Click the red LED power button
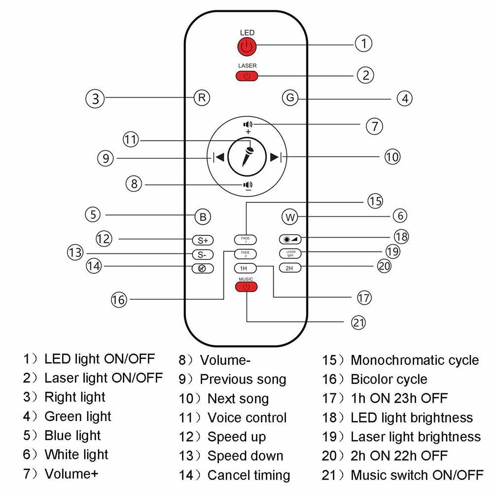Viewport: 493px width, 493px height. click(247, 47)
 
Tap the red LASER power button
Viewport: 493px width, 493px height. click(247, 76)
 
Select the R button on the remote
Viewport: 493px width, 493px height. click(201, 98)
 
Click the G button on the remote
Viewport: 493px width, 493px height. click(290, 98)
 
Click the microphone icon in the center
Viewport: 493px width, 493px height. click(247, 157)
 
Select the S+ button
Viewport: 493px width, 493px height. click(202, 241)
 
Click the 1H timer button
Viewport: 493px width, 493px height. click(244, 268)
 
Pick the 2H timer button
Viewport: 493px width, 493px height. click(289, 268)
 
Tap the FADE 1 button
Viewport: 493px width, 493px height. click(245, 240)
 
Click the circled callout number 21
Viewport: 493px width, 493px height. click(358, 322)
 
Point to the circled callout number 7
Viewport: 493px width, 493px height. click(374, 125)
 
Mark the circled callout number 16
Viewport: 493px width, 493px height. click(119, 299)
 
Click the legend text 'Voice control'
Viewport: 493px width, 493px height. click(246, 418)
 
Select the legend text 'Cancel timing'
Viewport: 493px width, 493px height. click(248, 475)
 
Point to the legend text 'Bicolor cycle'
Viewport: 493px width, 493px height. click(388, 379)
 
